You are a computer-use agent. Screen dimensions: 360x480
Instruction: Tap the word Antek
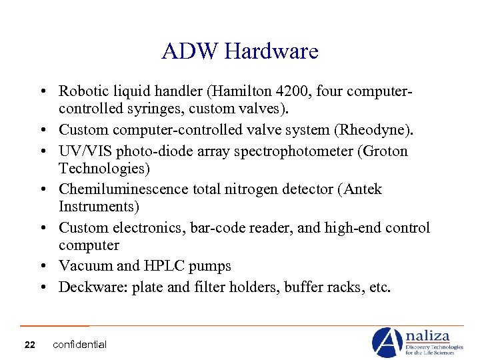coord(363,189)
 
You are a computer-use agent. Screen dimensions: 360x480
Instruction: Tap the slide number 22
coord(29,345)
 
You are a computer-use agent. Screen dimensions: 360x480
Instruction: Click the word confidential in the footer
coord(79,345)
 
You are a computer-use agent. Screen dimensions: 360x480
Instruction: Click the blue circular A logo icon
coord(387,342)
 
